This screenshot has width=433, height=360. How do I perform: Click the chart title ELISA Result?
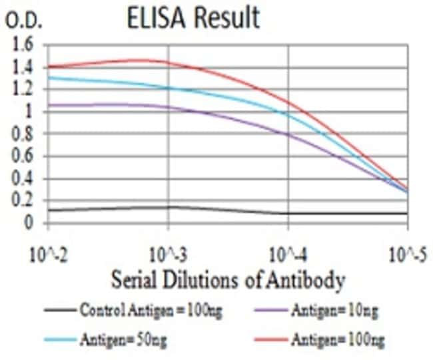click(x=193, y=18)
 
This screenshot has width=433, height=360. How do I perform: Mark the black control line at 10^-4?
click(x=288, y=214)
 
